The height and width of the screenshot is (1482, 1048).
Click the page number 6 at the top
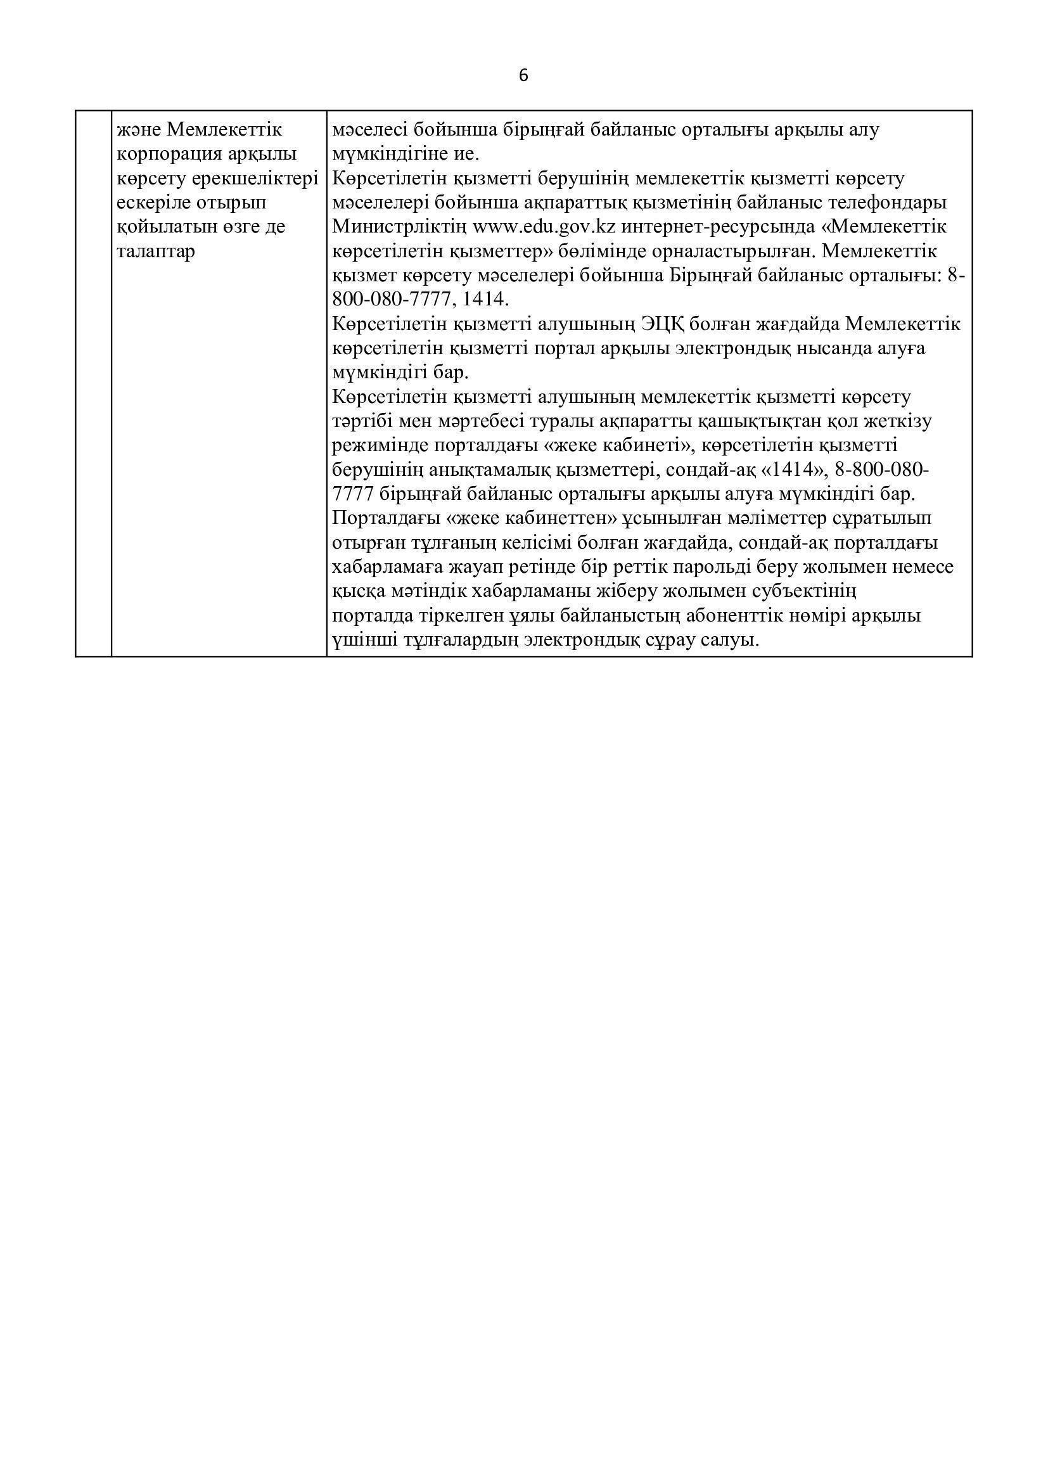point(523,76)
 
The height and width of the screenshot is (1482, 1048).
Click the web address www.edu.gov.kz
point(544,227)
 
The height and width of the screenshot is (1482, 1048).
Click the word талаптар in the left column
point(155,251)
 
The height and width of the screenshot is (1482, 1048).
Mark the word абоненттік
point(744,615)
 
